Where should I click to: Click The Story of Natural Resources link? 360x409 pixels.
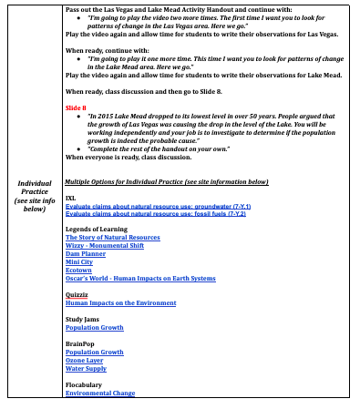click(x=112, y=238)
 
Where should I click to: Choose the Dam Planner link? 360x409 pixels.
click(x=86, y=254)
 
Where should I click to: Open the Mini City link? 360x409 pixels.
click(x=79, y=262)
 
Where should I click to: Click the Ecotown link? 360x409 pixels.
click(x=78, y=271)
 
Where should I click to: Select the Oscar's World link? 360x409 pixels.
click(x=140, y=278)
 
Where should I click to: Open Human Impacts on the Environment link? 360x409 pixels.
click(x=120, y=303)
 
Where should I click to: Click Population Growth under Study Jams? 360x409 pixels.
click(x=94, y=327)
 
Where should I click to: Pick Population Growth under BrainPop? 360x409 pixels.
click(x=94, y=352)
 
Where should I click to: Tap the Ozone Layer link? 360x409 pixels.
click(x=87, y=360)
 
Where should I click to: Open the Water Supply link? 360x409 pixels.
click(x=86, y=368)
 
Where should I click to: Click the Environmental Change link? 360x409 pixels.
click(x=100, y=393)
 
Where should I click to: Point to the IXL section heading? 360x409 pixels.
click(x=70, y=198)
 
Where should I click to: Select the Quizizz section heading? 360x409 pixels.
click(x=76, y=295)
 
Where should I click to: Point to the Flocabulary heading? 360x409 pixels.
click(x=83, y=384)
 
